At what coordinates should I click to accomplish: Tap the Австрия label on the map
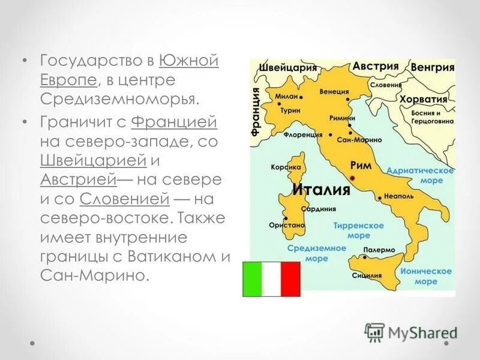(x=376, y=66)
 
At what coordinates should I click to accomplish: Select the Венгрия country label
(x=433, y=67)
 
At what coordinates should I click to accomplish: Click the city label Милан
(x=286, y=95)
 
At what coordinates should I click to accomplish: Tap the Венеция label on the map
(x=335, y=92)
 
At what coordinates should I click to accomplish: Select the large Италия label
(x=321, y=191)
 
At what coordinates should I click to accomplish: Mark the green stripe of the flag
(x=252, y=279)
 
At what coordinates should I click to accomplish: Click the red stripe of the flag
(x=290, y=279)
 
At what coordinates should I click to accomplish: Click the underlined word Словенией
(x=125, y=199)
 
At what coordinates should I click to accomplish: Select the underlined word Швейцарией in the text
(x=94, y=160)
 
